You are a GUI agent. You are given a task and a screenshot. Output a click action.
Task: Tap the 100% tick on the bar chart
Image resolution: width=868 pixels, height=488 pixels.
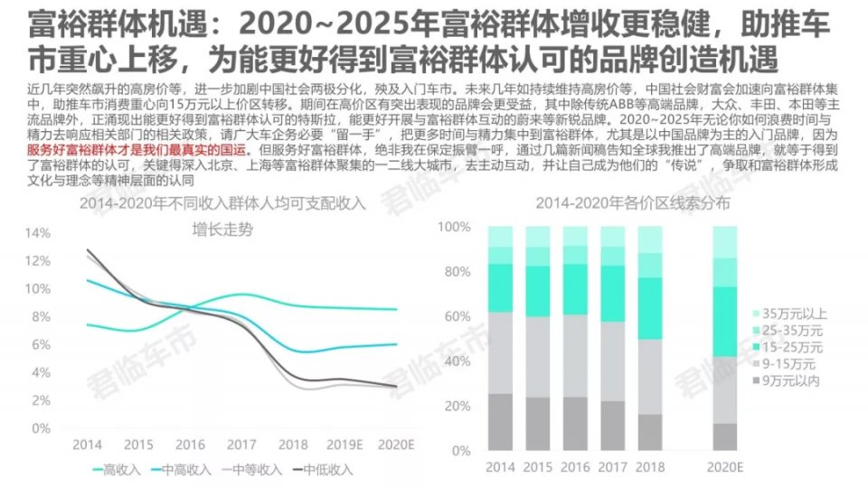click(x=456, y=226)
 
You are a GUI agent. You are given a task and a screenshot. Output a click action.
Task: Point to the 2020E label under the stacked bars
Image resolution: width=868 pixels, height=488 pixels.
click(x=724, y=467)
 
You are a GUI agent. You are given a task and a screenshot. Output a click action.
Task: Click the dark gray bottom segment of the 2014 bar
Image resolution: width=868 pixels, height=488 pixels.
click(x=501, y=421)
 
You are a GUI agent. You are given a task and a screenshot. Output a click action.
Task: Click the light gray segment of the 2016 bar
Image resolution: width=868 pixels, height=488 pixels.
click(x=576, y=356)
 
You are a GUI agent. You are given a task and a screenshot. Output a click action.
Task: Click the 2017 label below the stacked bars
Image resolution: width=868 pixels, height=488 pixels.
click(x=613, y=467)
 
